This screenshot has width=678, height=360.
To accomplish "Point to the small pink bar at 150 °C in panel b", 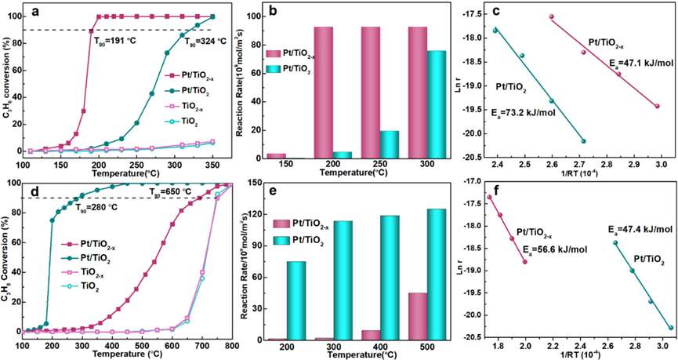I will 277,156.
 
